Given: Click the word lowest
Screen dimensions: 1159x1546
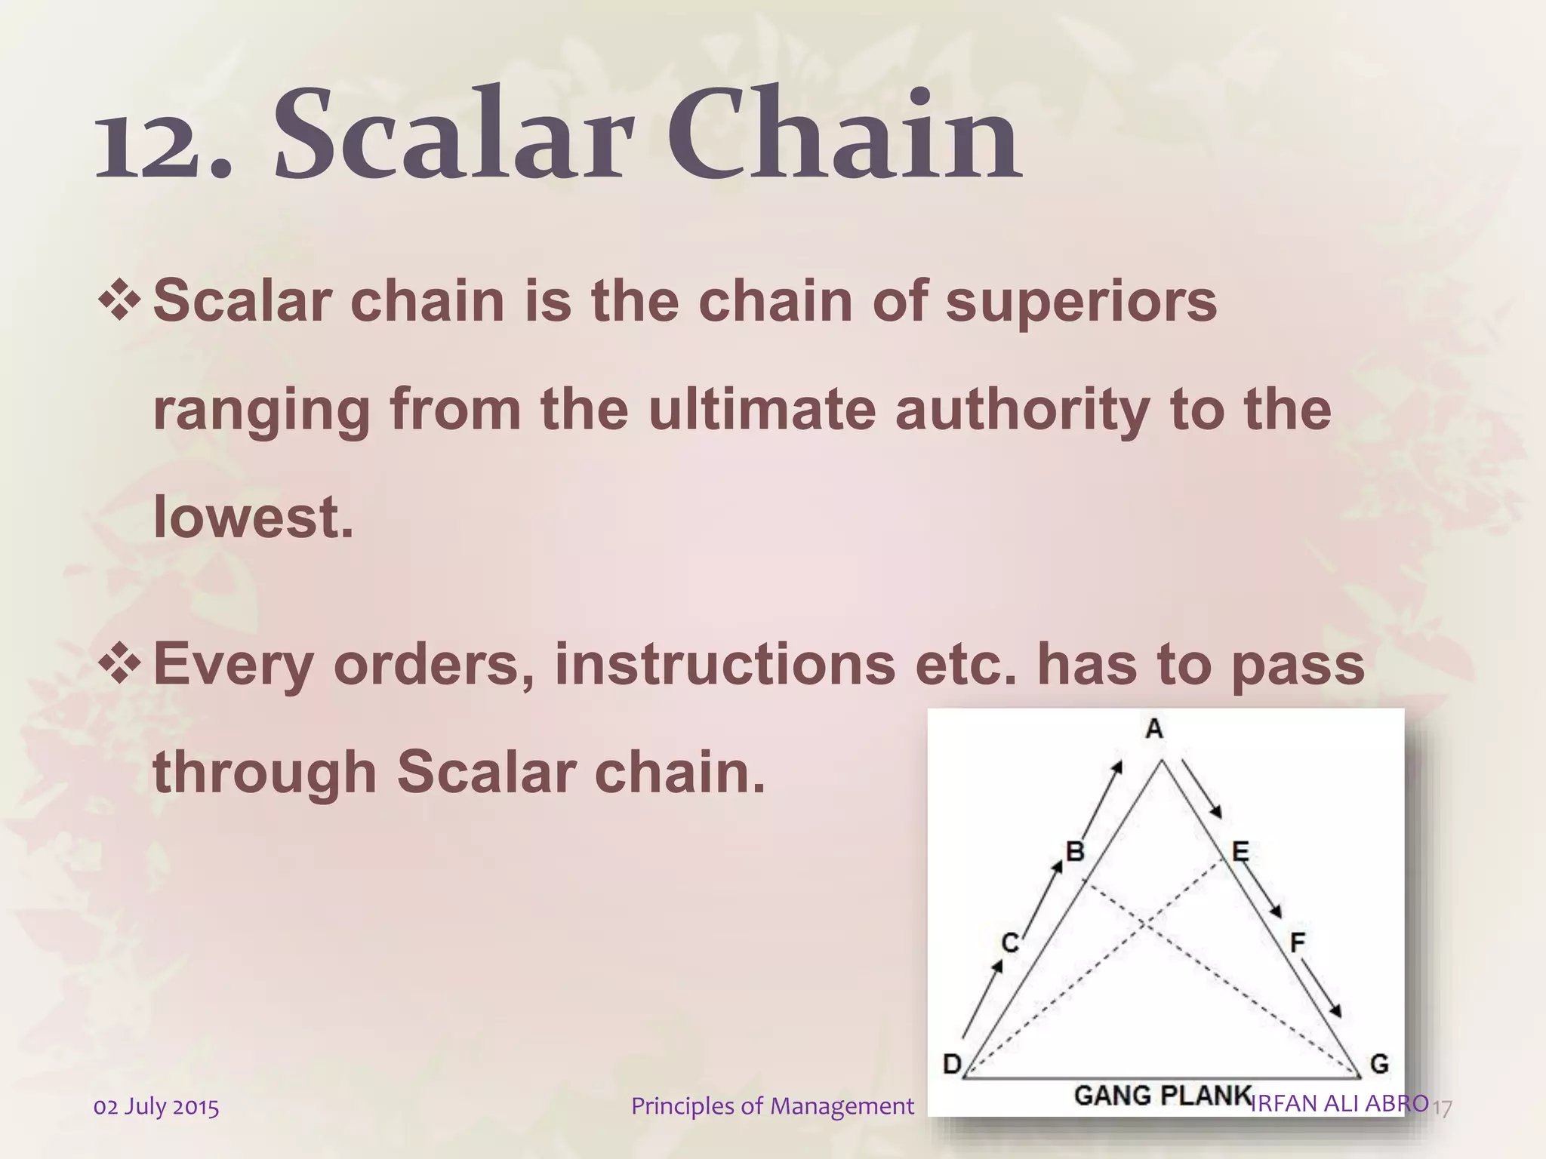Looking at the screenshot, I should tap(253, 518).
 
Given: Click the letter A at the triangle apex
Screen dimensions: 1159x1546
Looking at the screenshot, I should tap(1154, 729).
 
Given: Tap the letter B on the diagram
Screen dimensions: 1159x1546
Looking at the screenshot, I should tap(1075, 852).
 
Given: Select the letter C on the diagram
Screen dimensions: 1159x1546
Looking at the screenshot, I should tap(1010, 943).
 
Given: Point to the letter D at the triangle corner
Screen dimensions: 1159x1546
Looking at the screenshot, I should tap(953, 1065).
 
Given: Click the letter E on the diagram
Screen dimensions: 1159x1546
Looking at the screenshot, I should tap(1240, 853).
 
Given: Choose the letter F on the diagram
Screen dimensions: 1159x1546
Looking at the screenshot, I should tap(1298, 942).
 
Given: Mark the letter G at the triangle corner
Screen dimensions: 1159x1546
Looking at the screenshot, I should tap(1379, 1065).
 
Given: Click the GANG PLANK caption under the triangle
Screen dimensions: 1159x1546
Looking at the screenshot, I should tap(1163, 1095).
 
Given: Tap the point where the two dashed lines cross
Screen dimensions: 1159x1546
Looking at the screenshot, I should tap(1145, 924).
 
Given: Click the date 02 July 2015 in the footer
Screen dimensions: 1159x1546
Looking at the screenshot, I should tap(156, 1107).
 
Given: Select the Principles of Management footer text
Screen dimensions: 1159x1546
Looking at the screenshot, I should tap(772, 1106).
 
